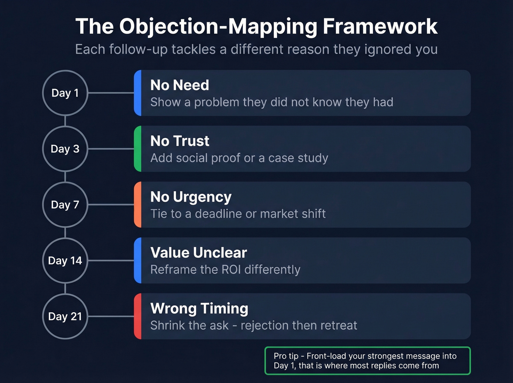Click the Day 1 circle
[65, 93]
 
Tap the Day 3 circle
[65, 149]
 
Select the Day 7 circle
[65, 205]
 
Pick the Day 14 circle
[65, 261]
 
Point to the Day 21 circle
[65, 316]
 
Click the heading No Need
[180, 85]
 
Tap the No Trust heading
[180, 141]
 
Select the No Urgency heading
[191, 197]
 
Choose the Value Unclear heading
[199, 253]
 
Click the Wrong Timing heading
[199, 309]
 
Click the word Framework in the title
[380, 26]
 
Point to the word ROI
[231, 270]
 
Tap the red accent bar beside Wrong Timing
[138, 316]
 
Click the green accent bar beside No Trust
[138, 149]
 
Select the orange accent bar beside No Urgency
[138, 205]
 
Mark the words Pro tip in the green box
[286, 356]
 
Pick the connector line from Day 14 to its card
[111, 261]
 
